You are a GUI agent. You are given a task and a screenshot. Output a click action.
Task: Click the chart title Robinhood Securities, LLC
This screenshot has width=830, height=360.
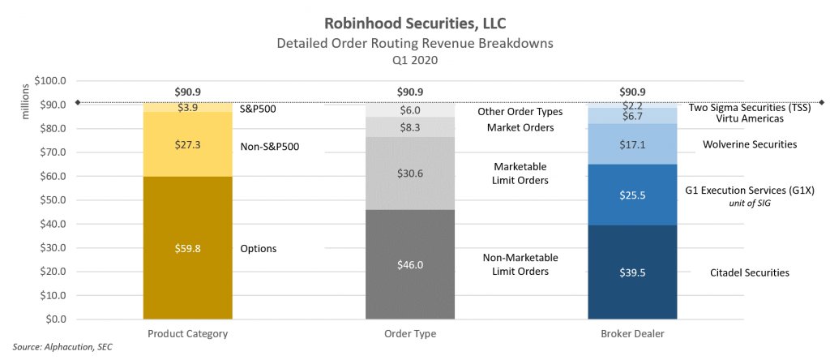[415, 22]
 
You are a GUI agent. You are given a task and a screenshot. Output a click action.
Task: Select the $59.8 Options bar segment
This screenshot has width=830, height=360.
[188, 248]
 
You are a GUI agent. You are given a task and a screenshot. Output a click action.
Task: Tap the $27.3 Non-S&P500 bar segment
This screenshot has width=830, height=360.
[188, 144]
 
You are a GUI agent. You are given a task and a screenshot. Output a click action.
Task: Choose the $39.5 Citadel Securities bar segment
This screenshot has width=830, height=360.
[632, 272]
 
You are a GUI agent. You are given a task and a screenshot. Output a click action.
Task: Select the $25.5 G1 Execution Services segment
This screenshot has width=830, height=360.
[632, 195]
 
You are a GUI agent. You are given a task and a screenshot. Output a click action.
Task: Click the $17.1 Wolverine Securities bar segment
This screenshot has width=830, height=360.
[632, 144]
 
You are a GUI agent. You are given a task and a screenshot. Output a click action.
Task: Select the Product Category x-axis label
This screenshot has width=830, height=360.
[187, 334]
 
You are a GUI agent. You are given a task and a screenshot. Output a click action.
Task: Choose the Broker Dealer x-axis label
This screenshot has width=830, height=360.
[632, 334]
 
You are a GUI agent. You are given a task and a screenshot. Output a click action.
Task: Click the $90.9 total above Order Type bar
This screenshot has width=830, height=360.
[410, 92]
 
